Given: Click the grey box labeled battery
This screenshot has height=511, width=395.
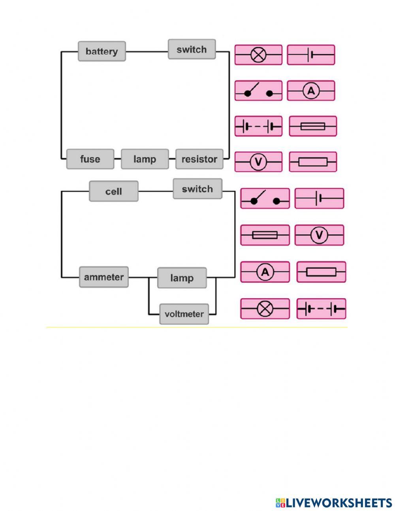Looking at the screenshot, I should [102, 51].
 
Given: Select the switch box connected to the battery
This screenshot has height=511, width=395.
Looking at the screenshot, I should [192, 49].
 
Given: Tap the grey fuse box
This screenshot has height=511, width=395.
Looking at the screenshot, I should [90, 159].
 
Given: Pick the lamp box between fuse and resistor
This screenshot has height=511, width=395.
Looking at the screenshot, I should [145, 159].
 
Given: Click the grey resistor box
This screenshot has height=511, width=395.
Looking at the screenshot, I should [199, 159].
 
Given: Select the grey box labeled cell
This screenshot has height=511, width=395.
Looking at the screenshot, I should [113, 192].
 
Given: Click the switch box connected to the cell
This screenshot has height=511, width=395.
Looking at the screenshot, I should [197, 189].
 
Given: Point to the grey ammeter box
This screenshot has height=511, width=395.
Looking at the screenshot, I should [103, 277].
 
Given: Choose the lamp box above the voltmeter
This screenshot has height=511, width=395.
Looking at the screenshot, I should [182, 278].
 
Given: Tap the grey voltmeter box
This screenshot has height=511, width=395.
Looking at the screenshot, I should [184, 314].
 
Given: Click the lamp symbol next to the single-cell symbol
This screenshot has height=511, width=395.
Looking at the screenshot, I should [258, 55].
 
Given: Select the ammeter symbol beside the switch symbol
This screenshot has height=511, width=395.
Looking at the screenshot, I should [311, 91].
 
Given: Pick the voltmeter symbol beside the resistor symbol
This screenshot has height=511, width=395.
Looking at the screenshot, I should [258, 162].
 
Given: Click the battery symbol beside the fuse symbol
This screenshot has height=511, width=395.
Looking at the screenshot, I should [258, 126].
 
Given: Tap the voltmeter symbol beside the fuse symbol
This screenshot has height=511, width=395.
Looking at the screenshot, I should [319, 235].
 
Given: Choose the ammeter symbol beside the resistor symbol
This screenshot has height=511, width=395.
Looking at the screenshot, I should [265, 272].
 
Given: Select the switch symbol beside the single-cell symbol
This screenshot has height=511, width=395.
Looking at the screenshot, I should [265, 199].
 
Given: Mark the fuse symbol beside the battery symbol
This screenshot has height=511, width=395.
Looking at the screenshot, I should [313, 126].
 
